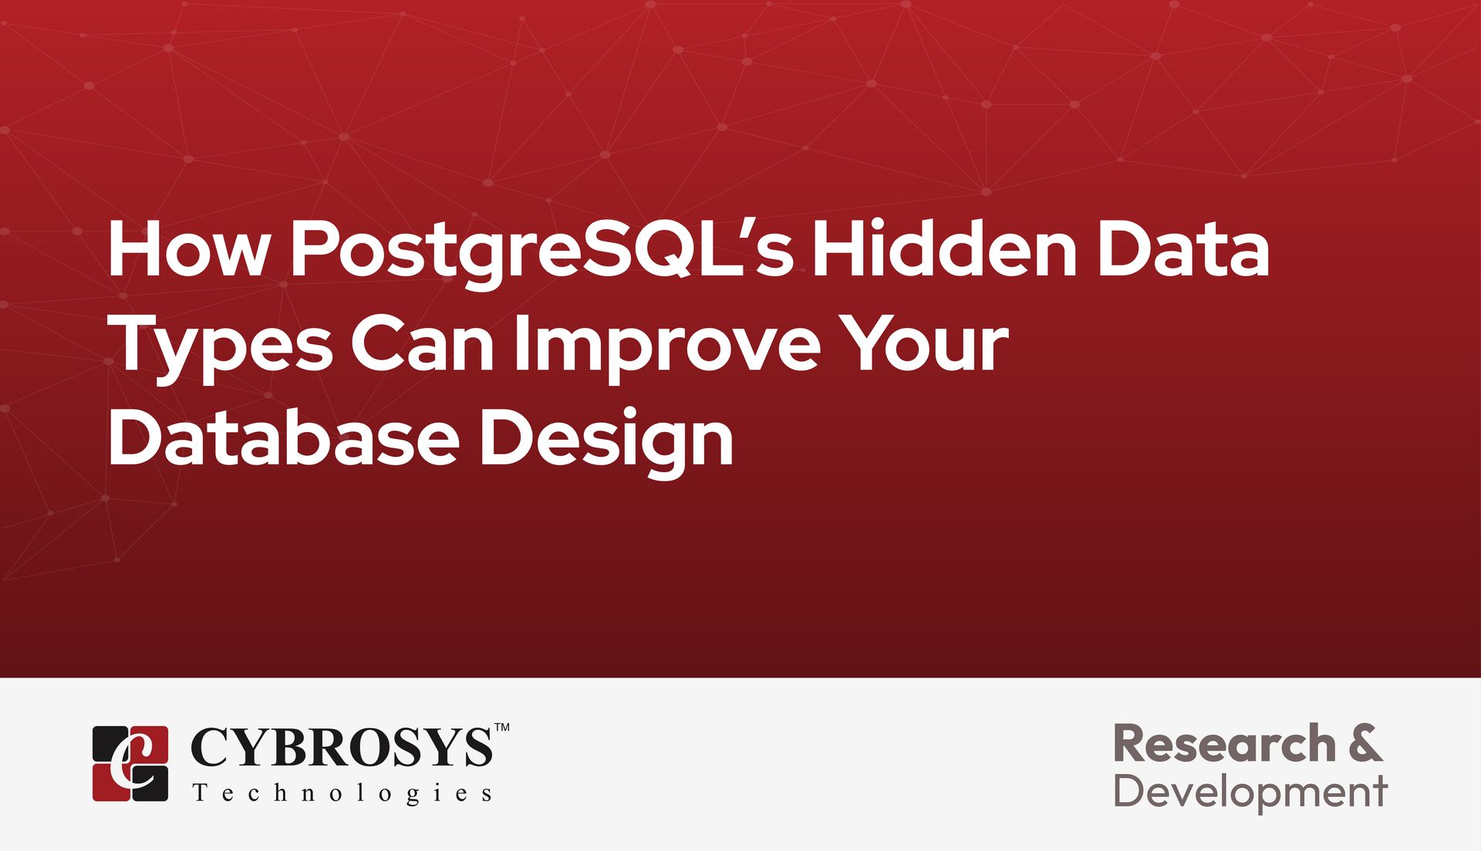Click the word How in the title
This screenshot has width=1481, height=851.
[x=189, y=248]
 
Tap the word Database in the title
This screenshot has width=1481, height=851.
[x=284, y=437]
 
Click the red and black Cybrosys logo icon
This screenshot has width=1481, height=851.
[x=130, y=763]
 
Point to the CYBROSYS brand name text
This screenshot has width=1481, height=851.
[x=341, y=747]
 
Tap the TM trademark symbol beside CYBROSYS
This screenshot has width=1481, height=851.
[x=501, y=728]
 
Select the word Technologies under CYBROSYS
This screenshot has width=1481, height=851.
[x=342, y=793]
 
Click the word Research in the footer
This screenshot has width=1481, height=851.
[x=1225, y=744]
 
